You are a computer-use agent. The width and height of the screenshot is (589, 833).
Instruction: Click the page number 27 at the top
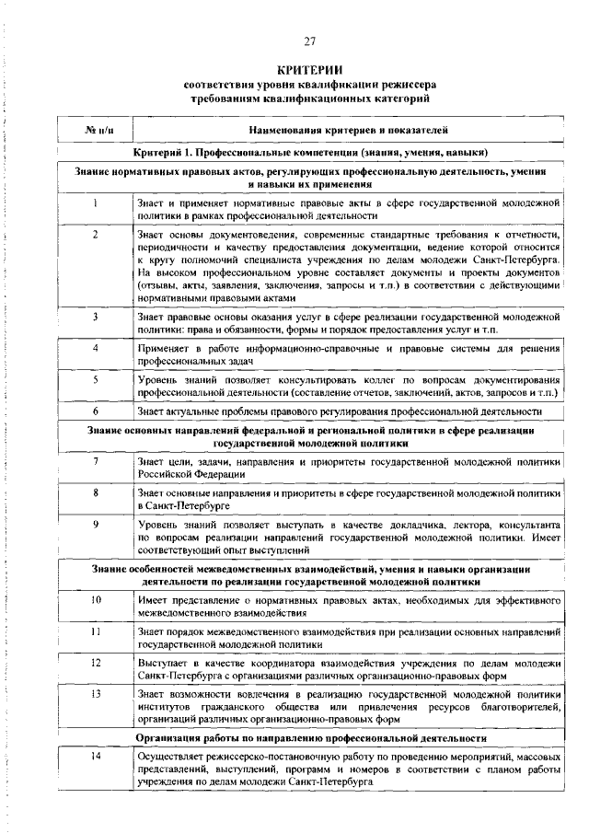click(309, 40)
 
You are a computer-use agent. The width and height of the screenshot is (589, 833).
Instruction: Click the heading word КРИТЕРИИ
click(309, 70)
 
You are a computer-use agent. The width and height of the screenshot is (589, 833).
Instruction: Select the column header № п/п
click(96, 131)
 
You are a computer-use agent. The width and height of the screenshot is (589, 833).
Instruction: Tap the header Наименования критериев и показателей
click(348, 131)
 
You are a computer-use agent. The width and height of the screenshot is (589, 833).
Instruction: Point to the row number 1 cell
click(96, 202)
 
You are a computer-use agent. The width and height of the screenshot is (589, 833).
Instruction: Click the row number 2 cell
click(96, 234)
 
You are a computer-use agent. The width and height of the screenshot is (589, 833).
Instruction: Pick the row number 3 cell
click(96, 317)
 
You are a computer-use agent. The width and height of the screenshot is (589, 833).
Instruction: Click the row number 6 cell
click(96, 411)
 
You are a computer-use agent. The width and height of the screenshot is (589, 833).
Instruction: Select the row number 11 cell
click(96, 633)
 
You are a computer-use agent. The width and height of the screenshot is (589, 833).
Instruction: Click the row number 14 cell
click(96, 756)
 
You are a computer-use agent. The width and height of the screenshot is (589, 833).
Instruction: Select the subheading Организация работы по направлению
click(311, 737)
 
